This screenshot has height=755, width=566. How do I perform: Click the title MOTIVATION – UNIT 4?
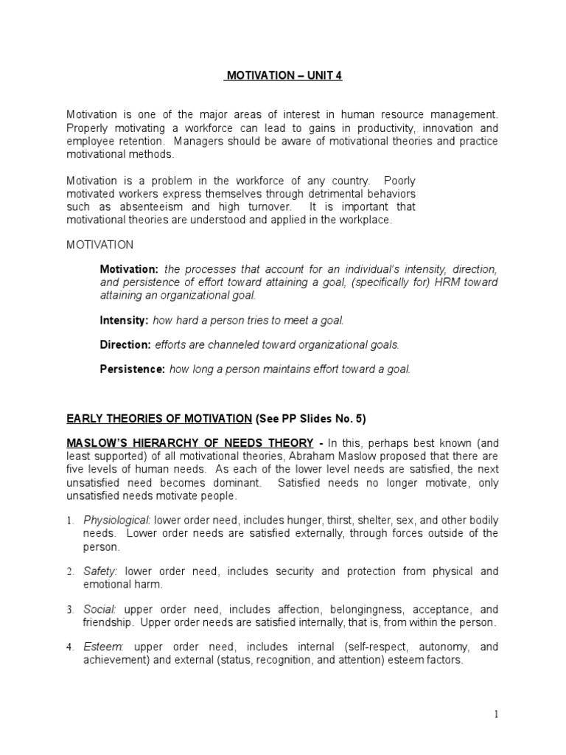pos(283,75)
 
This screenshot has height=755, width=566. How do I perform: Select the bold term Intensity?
pos(124,321)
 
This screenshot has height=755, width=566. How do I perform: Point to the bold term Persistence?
pos(133,369)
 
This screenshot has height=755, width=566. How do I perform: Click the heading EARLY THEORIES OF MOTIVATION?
pos(159,419)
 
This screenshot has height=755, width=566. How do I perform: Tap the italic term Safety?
pos(102,571)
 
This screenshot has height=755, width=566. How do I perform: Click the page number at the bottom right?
pos(497,714)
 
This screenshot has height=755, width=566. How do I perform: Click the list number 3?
pos(70,610)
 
